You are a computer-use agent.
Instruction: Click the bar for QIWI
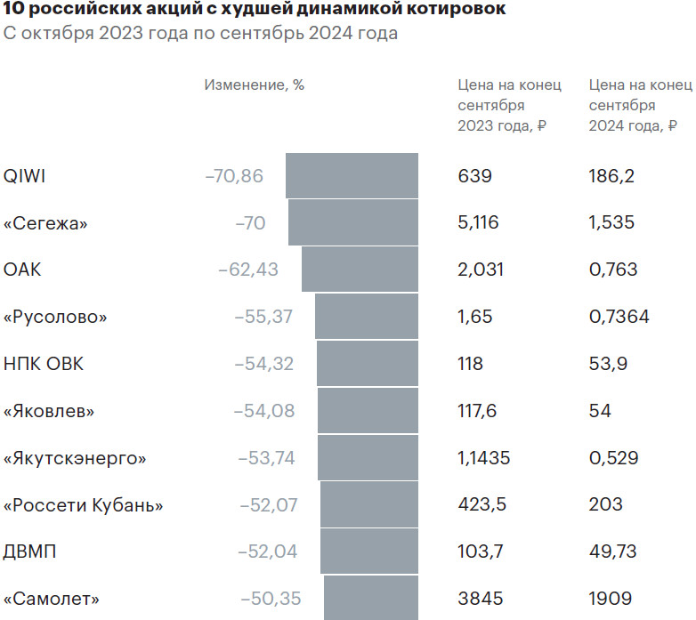[352, 175]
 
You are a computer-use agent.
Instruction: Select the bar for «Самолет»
[371, 598]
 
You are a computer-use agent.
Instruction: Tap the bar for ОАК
[360, 270]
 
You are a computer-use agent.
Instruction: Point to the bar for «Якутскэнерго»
[368, 458]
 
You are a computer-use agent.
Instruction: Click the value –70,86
[234, 176]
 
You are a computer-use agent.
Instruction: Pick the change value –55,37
[263, 317]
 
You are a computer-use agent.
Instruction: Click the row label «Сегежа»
[45, 223]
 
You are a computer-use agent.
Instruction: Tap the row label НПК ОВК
[44, 364]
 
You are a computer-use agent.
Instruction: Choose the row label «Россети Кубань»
[84, 505]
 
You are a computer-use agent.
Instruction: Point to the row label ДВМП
[30, 552]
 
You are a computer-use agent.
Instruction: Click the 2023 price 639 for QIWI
[474, 176]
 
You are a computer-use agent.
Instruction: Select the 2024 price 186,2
[611, 176]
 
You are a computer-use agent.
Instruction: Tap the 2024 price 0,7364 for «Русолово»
[619, 317]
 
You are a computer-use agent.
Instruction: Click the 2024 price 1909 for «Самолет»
[610, 599]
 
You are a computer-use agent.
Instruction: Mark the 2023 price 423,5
[482, 505]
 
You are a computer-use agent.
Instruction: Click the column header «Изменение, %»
[254, 85]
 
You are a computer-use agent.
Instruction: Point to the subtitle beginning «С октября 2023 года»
[200, 35]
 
